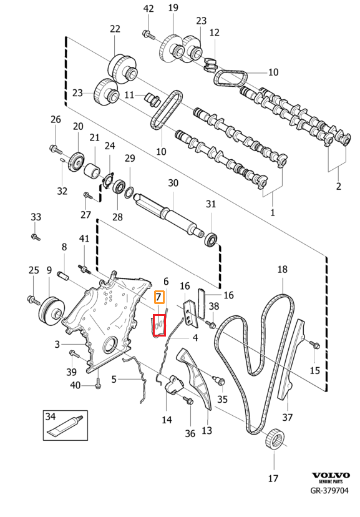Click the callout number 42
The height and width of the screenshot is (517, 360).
tap(149, 8)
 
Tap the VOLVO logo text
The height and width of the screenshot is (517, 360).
tap(331, 475)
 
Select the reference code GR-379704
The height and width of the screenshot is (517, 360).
tap(329, 490)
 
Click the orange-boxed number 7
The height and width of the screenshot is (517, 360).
tap(158, 297)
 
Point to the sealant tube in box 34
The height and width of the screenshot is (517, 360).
tap(64, 426)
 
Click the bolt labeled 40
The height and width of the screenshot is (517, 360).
tap(98, 382)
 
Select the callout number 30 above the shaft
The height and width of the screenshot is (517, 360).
tap(173, 183)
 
